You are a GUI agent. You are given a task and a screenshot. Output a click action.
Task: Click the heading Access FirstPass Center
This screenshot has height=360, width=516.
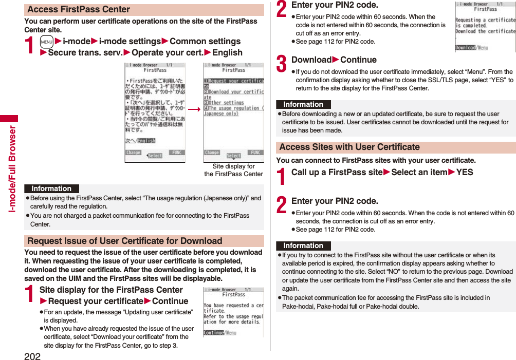pyautogui.click(x=79, y=9)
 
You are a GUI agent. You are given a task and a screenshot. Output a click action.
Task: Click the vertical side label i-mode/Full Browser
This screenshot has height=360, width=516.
pyautogui.click(x=12, y=169)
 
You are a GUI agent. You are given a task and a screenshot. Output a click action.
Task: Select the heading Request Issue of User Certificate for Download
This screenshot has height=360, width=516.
pyautogui.click(x=125, y=241)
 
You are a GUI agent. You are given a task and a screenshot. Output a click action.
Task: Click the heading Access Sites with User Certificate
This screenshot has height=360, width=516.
pyautogui.click(x=349, y=147)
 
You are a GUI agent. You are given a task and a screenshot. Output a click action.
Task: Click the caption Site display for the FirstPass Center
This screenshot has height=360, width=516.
pyautogui.click(x=233, y=170)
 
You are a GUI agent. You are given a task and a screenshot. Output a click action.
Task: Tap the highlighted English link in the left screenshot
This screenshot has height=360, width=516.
pyautogui.click(x=146, y=141)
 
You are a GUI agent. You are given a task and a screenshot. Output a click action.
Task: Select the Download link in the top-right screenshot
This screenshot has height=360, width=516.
pyautogui.click(x=466, y=48)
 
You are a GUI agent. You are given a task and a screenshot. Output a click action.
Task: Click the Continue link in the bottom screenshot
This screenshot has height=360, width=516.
pyautogui.click(x=214, y=333)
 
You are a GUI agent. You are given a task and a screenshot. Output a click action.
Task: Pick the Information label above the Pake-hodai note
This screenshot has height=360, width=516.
pyautogui.click(x=303, y=245)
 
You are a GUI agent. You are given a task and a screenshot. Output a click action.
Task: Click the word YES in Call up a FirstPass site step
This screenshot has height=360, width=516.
pyautogui.click(x=465, y=173)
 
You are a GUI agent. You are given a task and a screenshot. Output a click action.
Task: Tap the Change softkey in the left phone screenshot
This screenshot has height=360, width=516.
pyautogui.click(x=133, y=153)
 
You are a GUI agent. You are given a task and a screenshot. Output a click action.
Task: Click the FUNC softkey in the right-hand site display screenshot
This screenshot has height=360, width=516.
pyautogui.click(x=255, y=153)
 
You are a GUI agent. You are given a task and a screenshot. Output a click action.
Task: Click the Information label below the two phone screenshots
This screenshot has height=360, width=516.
pyautogui.click(x=51, y=188)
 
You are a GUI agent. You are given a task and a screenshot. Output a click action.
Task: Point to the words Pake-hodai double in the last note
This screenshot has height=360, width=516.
pyautogui.click(x=392, y=307)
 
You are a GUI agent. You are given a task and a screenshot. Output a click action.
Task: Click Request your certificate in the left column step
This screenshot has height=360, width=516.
pyautogui.click(x=95, y=301)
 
